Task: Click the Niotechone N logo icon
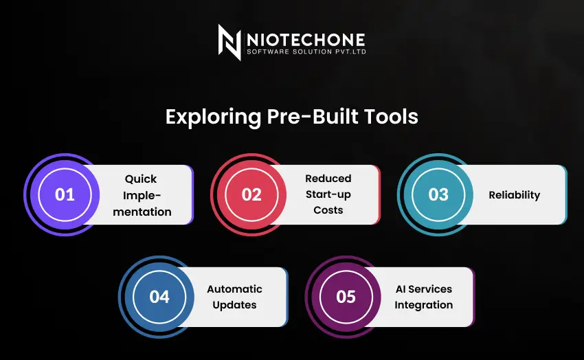click(229, 42)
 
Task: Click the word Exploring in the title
click(213, 117)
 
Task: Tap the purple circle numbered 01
click(65, 194)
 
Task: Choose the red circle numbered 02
click(251, 194)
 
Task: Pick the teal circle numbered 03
click(438, 194)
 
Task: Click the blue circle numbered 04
click(159, 297)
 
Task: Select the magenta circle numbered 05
click(346, 297)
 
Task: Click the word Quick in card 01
click(141, 179)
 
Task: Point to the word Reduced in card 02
click(328, 179)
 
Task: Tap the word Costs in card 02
click(328, 210)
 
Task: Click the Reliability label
click(515, 195)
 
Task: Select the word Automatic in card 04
click(235, 289)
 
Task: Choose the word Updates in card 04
click(235, 305)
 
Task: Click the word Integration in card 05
click(423, 305)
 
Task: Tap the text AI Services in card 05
click(423, 289)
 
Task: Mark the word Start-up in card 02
click(328, 194)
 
